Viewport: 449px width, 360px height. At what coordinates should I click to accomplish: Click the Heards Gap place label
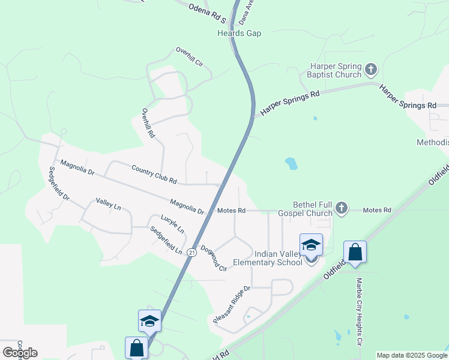239,34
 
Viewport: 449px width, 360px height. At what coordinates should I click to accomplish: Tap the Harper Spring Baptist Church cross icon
371,70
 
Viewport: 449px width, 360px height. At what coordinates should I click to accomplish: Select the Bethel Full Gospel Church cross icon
342,208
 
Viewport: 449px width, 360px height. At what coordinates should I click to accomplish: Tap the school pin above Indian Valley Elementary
311,245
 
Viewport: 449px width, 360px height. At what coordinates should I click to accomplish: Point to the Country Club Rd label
154,175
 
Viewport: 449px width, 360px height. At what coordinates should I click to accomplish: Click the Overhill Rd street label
148,123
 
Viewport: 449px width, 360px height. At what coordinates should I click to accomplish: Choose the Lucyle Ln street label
172,223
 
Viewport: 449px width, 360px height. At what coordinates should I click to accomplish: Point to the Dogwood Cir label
214,258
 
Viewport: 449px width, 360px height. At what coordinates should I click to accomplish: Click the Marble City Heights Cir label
360,312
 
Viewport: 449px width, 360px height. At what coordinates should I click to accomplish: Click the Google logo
20,352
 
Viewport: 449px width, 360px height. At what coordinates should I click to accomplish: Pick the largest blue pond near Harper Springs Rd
291,163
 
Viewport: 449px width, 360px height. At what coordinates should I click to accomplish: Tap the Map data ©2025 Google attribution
412,355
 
